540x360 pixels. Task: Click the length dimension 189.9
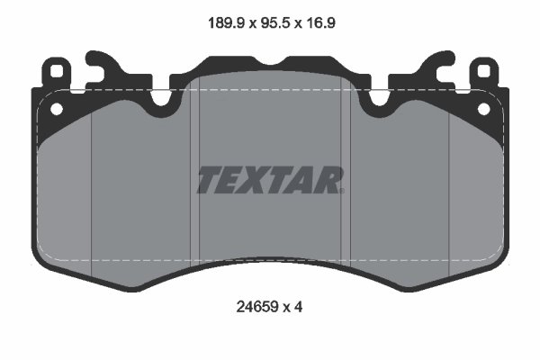[226, 23]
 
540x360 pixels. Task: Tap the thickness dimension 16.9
[319, 23]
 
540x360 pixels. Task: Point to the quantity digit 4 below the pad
[298, 307]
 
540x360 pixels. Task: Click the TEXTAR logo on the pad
[270, 180]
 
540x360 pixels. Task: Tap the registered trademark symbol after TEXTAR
[342, 191]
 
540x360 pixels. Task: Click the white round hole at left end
[57, 109]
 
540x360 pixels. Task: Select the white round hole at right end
[483, 109]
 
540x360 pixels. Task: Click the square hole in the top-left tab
[56, 72]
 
